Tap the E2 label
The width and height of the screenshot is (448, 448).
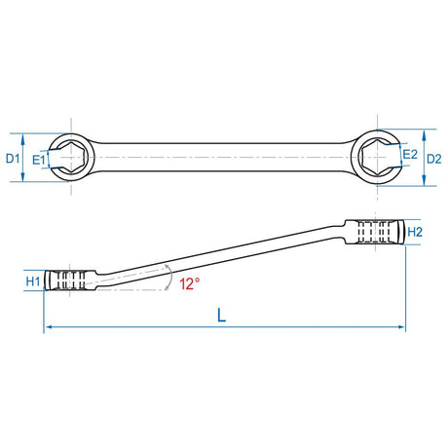pyautogui.click(x=409, y=155)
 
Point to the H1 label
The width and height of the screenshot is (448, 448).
pyautogui.click(x=31, y=281)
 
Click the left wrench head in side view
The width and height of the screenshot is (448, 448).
pyautogui.click(x=72, y=281)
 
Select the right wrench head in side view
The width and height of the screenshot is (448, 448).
pyautogui.click(x=376, y=232)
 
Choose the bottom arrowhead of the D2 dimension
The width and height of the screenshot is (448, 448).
pyautogui.click(x=426, y=180)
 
